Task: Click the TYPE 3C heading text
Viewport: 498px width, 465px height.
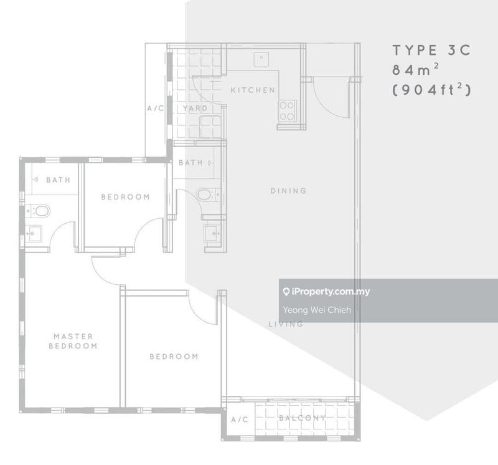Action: (x=431, y=50)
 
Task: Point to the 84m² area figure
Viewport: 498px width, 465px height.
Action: (x=415, y=69)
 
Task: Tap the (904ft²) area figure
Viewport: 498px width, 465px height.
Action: (x=431, y=89)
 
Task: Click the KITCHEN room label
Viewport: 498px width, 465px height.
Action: (x=253, y=90)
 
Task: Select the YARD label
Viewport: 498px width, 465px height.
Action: (x=195, y=108)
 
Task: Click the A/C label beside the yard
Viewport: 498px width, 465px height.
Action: (x=156, y=108)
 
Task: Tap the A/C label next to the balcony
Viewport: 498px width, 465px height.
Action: (x=240, y=419)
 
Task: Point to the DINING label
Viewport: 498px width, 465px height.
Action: (x=289, y=191)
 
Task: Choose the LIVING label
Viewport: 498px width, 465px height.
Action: (x=286, y=324)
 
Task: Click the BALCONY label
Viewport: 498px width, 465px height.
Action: (x=303, y=418)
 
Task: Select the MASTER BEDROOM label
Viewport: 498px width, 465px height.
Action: (x=73, y=341)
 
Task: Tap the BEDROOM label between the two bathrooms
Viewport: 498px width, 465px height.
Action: (x=126, y=197)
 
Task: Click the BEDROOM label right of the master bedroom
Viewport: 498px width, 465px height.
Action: (x=174, y=357)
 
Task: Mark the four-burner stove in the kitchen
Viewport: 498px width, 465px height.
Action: (x=287, y=111)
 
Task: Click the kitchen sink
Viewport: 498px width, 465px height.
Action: (x=261, y=59)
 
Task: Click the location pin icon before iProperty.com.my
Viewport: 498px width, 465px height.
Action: (x=286, y=292)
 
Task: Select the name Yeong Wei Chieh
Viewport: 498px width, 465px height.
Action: (x=317, y=310)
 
